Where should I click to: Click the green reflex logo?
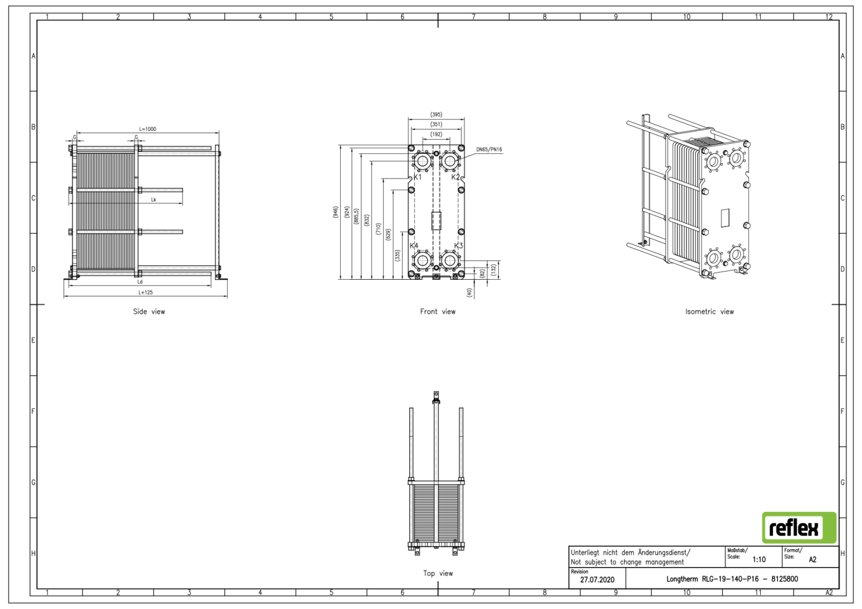799,527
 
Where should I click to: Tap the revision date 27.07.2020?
597,580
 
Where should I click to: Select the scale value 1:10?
759,559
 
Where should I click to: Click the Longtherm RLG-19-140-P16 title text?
732,579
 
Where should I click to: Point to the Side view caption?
149,311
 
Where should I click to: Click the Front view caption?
437,311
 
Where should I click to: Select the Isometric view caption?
709,311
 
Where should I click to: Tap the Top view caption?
438,573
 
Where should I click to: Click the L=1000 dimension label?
148,129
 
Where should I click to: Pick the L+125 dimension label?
145,292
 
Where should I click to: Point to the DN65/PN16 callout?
489,149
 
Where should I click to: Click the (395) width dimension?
436,115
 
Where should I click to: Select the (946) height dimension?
336,212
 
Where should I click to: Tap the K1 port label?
418,177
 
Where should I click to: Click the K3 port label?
459,245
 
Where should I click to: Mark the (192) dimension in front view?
436,134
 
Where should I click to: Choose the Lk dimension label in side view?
153,200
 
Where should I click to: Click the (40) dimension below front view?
470,292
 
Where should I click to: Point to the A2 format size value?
812,559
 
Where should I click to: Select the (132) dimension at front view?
493,269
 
